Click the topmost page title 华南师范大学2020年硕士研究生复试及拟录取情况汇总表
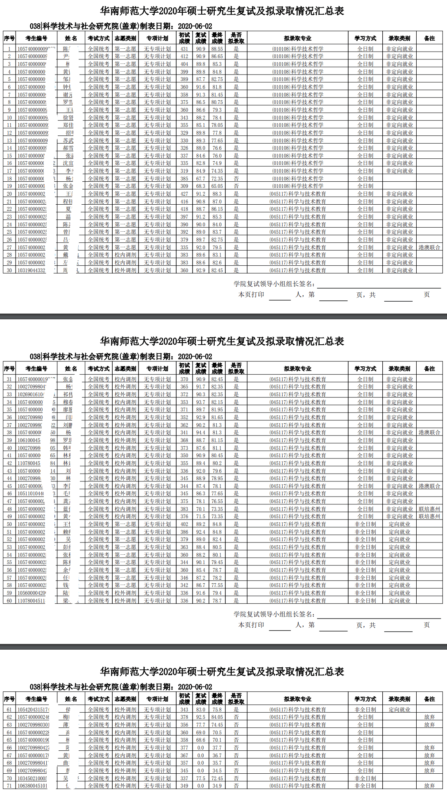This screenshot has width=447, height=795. pos(222,11)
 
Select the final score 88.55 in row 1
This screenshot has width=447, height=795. pos(217,49)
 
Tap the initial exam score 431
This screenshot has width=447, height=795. pos(184,49)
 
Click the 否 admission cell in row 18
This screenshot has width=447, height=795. pos(236,178)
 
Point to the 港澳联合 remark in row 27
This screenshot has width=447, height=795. pos(429,247)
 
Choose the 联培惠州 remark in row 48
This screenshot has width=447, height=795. pos(429,509)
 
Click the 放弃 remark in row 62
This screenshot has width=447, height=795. pos(429,717)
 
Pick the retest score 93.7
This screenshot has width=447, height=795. pos(200,402)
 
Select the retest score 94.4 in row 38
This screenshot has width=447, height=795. pos(200,432)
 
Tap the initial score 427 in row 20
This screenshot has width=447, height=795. pos(184,194)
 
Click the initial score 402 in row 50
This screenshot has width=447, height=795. pos(184,524)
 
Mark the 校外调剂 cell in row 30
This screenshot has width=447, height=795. pos(125,270)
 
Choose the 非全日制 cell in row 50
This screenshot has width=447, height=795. pos(365,524)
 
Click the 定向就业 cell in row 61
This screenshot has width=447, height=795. pos(399,709)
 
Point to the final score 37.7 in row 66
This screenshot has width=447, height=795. pos(217,748)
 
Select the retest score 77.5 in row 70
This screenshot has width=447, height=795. pos(200,778)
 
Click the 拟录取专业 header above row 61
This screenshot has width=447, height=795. pos(297,699)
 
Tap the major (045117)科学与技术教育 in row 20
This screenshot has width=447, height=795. pos(297,194)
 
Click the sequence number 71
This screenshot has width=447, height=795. pos(9,786)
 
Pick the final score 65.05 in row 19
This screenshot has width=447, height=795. pos(217,186)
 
